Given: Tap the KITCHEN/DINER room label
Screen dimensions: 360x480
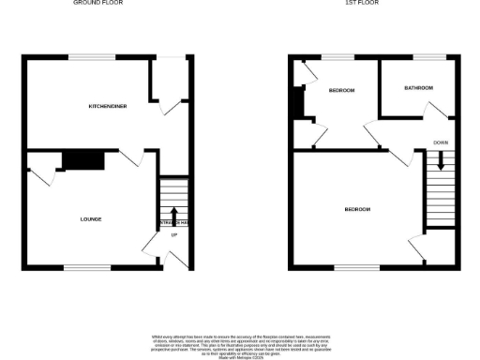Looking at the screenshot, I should tap(108, 107).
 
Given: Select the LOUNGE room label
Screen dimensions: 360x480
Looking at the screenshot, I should tap(91, 219).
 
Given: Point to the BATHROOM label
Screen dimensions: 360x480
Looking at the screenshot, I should tap(418, 88).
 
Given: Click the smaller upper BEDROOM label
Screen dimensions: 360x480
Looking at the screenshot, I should tap(341, 90).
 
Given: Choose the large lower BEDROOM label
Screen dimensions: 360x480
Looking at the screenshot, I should tap(357, 209).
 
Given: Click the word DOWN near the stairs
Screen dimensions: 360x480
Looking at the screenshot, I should tap(440, 142).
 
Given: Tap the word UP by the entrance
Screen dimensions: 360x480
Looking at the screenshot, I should tap(172, 247).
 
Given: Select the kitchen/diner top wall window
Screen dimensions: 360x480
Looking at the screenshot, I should tap(92, 60).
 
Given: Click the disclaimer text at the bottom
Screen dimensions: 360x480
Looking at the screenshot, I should tap(240, 340).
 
